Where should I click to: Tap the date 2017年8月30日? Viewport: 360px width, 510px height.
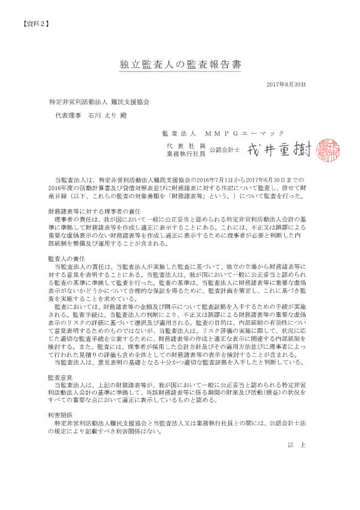pos(286,84)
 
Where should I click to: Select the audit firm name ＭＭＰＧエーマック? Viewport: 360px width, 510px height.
pos(244,133)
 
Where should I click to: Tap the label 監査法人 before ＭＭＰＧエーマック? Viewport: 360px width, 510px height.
pos(178,133)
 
